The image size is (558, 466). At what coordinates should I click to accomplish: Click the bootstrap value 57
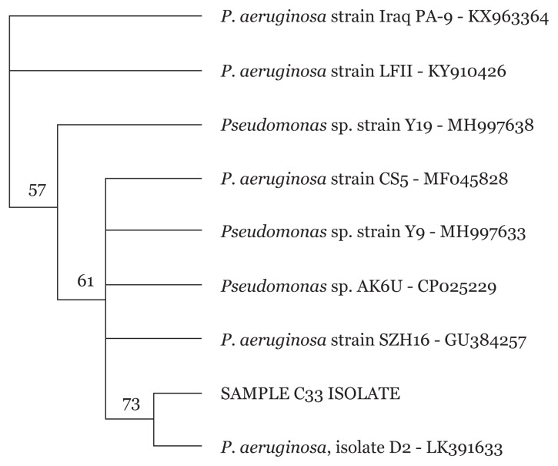click(x=37, y=190)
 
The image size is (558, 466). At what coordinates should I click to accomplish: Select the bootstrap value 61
click(x=85, y=282)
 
